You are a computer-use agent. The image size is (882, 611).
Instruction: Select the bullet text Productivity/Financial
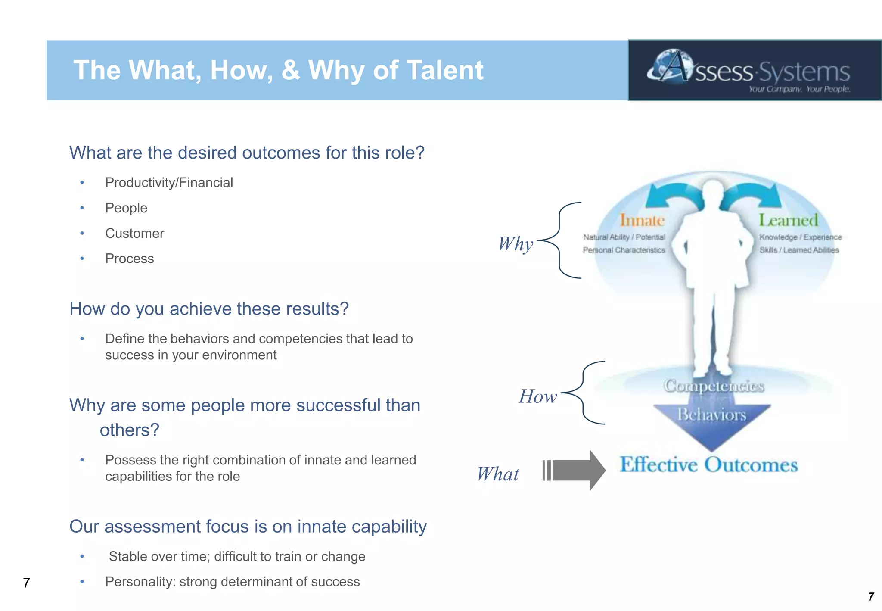coord(169,183)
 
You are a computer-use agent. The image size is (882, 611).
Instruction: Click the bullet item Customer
coord(134,234)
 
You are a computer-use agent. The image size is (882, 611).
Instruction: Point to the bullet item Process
coord(129,259)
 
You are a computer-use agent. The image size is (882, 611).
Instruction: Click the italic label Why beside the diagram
coord(516,244)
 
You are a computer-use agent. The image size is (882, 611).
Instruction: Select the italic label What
coord(498,474)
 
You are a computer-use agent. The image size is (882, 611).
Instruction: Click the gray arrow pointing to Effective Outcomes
coord(575,470)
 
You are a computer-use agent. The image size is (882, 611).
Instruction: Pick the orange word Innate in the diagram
coord(642,221)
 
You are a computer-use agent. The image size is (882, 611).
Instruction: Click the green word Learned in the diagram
coord(788,221)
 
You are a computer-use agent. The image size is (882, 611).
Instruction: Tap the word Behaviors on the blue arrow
coord(711,415)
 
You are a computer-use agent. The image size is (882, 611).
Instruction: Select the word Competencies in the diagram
coord(714,385)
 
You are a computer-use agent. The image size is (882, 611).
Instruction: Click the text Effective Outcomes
coord(708,465)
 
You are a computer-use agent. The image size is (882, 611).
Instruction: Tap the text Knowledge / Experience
coord(800,237)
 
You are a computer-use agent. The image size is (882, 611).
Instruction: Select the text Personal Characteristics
coord(624,250)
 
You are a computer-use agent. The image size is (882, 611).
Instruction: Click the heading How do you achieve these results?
coord(209,309)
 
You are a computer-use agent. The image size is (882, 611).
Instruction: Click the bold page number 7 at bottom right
coord(871,596)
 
